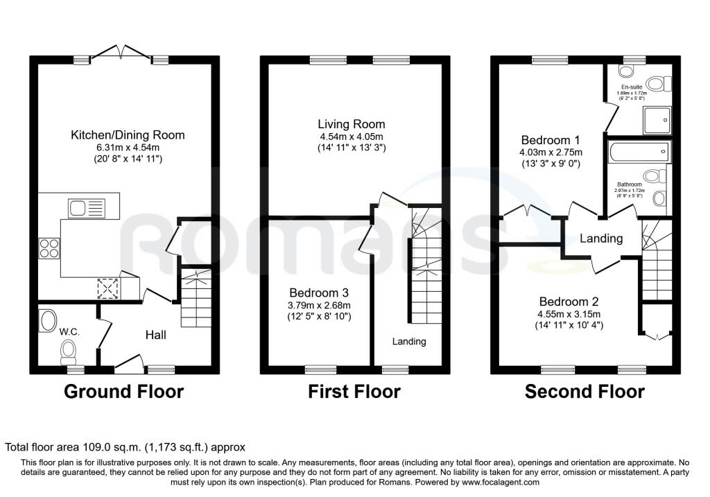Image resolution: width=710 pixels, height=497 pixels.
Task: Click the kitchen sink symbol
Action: pos(86,208)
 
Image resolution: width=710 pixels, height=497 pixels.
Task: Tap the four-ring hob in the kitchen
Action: pos(49,248)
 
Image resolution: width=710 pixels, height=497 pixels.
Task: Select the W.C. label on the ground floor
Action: pos(69,332)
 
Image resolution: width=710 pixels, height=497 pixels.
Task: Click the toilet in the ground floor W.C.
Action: pos(69,351)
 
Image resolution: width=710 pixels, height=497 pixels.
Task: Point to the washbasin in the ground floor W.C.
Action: pos(46,320)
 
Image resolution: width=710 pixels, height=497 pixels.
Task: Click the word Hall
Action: pos(156,335)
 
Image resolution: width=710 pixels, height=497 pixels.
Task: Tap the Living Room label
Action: pos(352,124)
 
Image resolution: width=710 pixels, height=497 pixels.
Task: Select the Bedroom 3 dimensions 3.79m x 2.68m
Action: pos(319,305)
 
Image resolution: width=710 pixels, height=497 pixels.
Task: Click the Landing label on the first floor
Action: pos(409,341)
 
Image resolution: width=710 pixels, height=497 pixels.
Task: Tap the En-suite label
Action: pos(632,87)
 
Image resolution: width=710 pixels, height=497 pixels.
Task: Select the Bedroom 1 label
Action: pos(551,140)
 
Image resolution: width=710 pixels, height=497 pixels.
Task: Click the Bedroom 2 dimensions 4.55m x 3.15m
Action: pos(569,314)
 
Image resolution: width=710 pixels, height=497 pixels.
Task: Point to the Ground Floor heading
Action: pos(123,392)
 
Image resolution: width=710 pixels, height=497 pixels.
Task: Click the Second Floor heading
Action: pos(585,392)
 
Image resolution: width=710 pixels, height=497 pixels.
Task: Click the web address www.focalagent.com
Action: pos(501,482)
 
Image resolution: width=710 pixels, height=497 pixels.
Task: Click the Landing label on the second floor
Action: pos(601,238)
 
